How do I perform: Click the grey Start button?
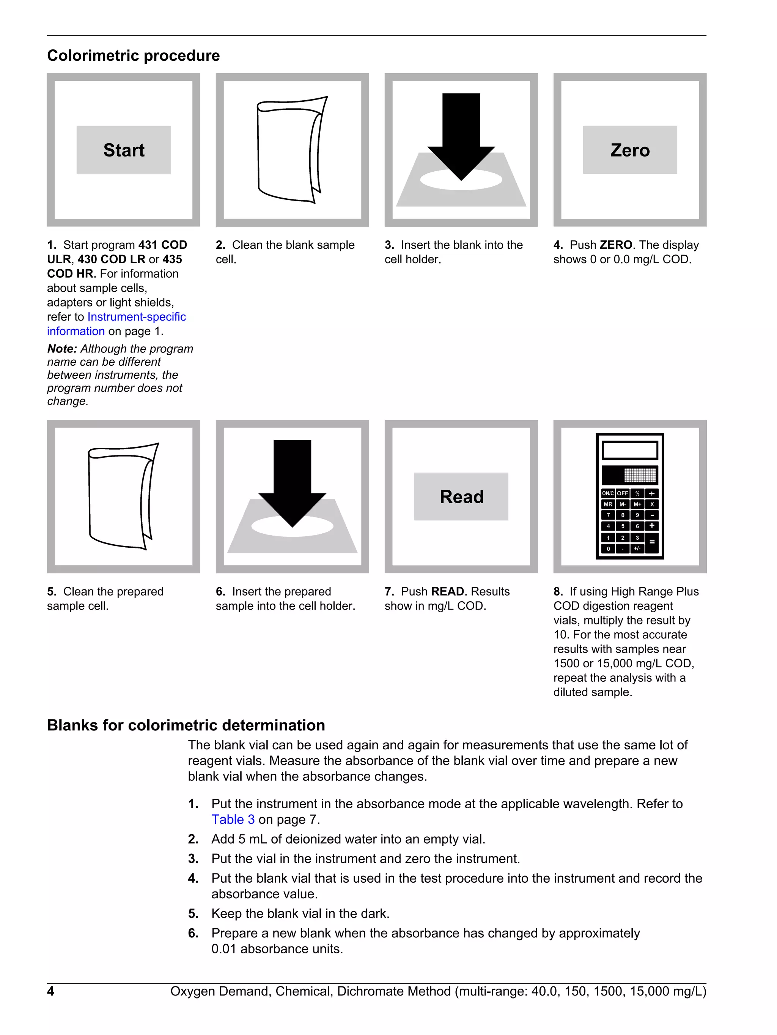click(123, 150)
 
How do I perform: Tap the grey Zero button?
click(630, 150)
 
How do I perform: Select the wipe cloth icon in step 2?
click(291, 150)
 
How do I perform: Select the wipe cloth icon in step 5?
click(123, 496)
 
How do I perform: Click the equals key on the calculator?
click(652, 543)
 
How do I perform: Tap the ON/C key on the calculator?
click(608, 493)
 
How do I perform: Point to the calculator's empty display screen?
click(630, 450)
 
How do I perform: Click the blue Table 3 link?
click(233, 819)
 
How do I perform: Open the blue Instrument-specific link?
click(137, 317)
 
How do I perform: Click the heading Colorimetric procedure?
click(133, 56)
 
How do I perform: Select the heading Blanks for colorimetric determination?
click(186, 725)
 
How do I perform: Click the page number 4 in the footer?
click(50, 991)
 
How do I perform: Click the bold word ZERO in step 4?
click(616, 245)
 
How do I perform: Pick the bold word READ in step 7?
click(447, 591)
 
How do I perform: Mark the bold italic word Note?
click(62, 349)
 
